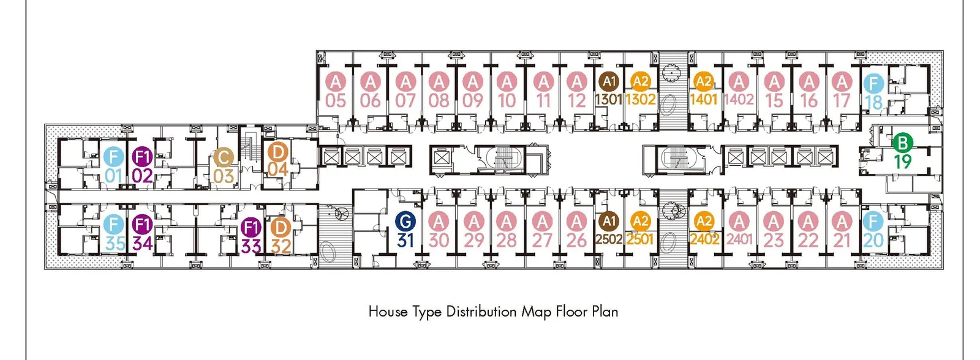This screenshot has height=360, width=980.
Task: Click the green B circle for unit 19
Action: [902, 143]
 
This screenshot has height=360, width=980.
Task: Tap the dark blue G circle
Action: [405, 222]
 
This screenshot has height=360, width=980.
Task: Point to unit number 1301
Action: [609, 100]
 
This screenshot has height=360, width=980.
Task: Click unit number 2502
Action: [609, 240]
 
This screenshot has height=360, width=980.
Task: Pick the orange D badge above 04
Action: [277, 152]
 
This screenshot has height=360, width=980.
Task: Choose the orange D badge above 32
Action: [281, 228]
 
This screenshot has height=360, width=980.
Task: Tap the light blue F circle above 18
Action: [873, 83]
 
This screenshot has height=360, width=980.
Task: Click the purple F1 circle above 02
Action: [142, 157]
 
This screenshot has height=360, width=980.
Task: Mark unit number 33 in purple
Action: [251, 246]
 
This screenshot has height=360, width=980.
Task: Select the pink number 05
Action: [336, 100]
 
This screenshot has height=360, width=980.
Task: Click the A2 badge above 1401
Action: [704, 81]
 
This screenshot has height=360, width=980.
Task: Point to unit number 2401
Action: [739, 239]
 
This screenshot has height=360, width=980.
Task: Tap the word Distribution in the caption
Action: [481, 312]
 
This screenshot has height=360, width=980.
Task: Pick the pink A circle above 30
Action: [439, 222]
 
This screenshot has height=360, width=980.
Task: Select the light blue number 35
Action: [115, 244]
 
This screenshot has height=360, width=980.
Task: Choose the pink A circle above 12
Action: [576, 81]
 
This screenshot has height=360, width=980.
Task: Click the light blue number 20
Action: [873, 240]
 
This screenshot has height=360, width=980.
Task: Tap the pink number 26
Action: [576, 240]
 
